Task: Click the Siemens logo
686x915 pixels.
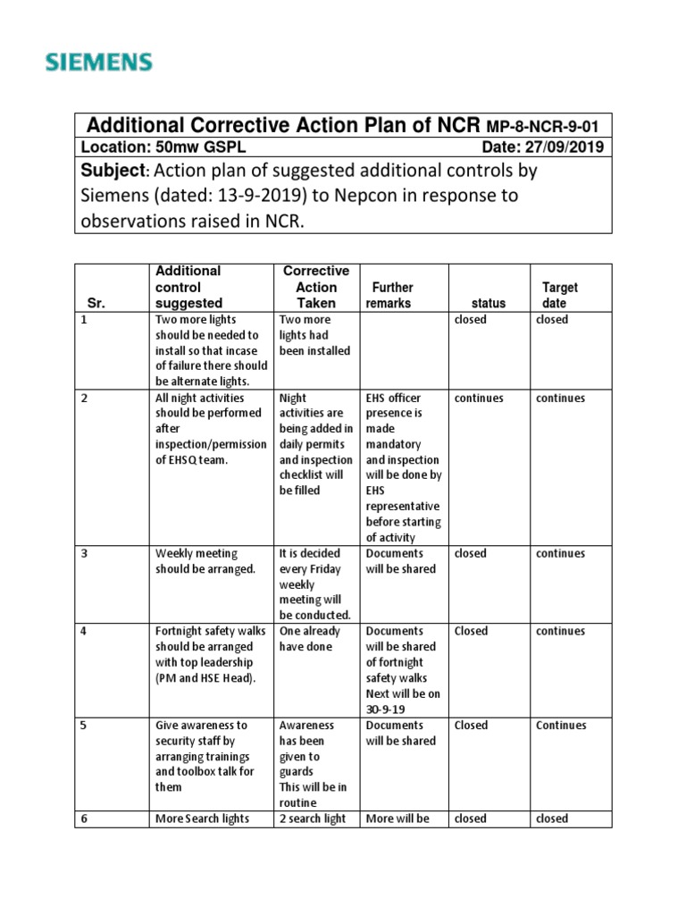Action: tap(99, 63)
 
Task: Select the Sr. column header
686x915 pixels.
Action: tap(97, 303)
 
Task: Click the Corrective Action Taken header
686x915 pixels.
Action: tap(316, 287)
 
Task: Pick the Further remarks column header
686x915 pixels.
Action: tap(391, 295)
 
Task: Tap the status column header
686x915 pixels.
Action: tap(489, 303)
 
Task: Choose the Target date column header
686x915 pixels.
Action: tap(559, 295)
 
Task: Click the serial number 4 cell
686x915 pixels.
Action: tap(84, 631)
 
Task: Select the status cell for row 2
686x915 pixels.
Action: tap(479, 398)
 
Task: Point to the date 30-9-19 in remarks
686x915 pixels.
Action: tap(385, 709)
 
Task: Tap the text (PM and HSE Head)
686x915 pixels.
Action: tap(205, 678)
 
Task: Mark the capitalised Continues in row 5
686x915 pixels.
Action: tap(561, 726)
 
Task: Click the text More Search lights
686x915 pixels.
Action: tap(203, 818)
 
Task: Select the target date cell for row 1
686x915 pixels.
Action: tap(552, 320)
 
